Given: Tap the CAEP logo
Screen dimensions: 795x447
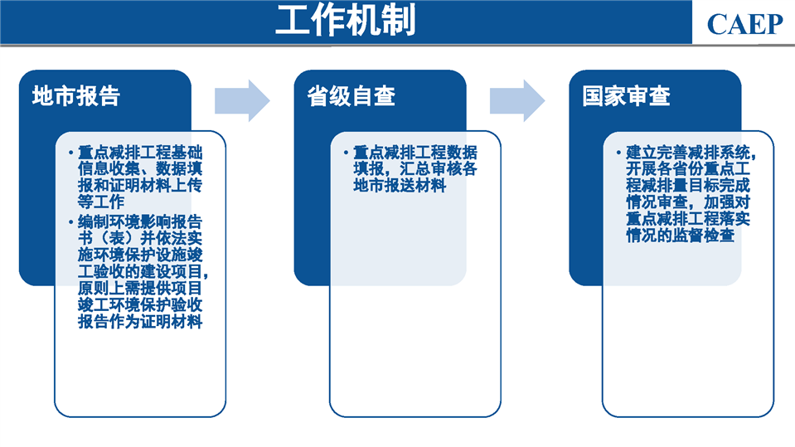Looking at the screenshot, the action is tap(744, 24).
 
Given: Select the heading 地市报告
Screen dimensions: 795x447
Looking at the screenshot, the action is tap(76, 96).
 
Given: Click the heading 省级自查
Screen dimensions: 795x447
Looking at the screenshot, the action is tap(351, 96).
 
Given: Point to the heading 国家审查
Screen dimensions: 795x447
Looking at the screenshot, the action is tap(626, 96).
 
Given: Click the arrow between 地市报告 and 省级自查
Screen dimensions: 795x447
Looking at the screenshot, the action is tap(242, 100).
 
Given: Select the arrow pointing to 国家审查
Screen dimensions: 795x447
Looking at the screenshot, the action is tap(517, 100).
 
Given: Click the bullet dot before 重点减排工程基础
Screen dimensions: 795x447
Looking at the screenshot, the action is tap(71, 153).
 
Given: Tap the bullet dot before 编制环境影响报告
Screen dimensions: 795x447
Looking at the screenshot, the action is tap(71, 221).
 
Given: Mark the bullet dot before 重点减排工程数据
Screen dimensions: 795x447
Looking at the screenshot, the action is tap(346, 153).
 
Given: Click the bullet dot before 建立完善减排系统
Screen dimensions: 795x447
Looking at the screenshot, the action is tap(618, 153).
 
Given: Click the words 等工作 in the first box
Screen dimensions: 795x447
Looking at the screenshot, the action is tap(101, 202).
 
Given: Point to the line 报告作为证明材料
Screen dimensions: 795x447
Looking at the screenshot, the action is tap(140, 321).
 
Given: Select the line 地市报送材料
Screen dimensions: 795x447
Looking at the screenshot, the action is tap(400, 185).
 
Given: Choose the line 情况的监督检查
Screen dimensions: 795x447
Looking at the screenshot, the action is tap(680, 235).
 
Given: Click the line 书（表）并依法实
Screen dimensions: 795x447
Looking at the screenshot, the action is tap(140, 238).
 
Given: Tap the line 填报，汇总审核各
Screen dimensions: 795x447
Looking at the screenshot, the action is tap(415, 168).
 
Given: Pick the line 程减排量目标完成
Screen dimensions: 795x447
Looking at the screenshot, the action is tap(687, 185).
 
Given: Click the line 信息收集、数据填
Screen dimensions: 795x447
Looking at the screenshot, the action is tap(140, 168).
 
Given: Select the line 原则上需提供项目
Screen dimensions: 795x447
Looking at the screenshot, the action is tap(140, 288).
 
